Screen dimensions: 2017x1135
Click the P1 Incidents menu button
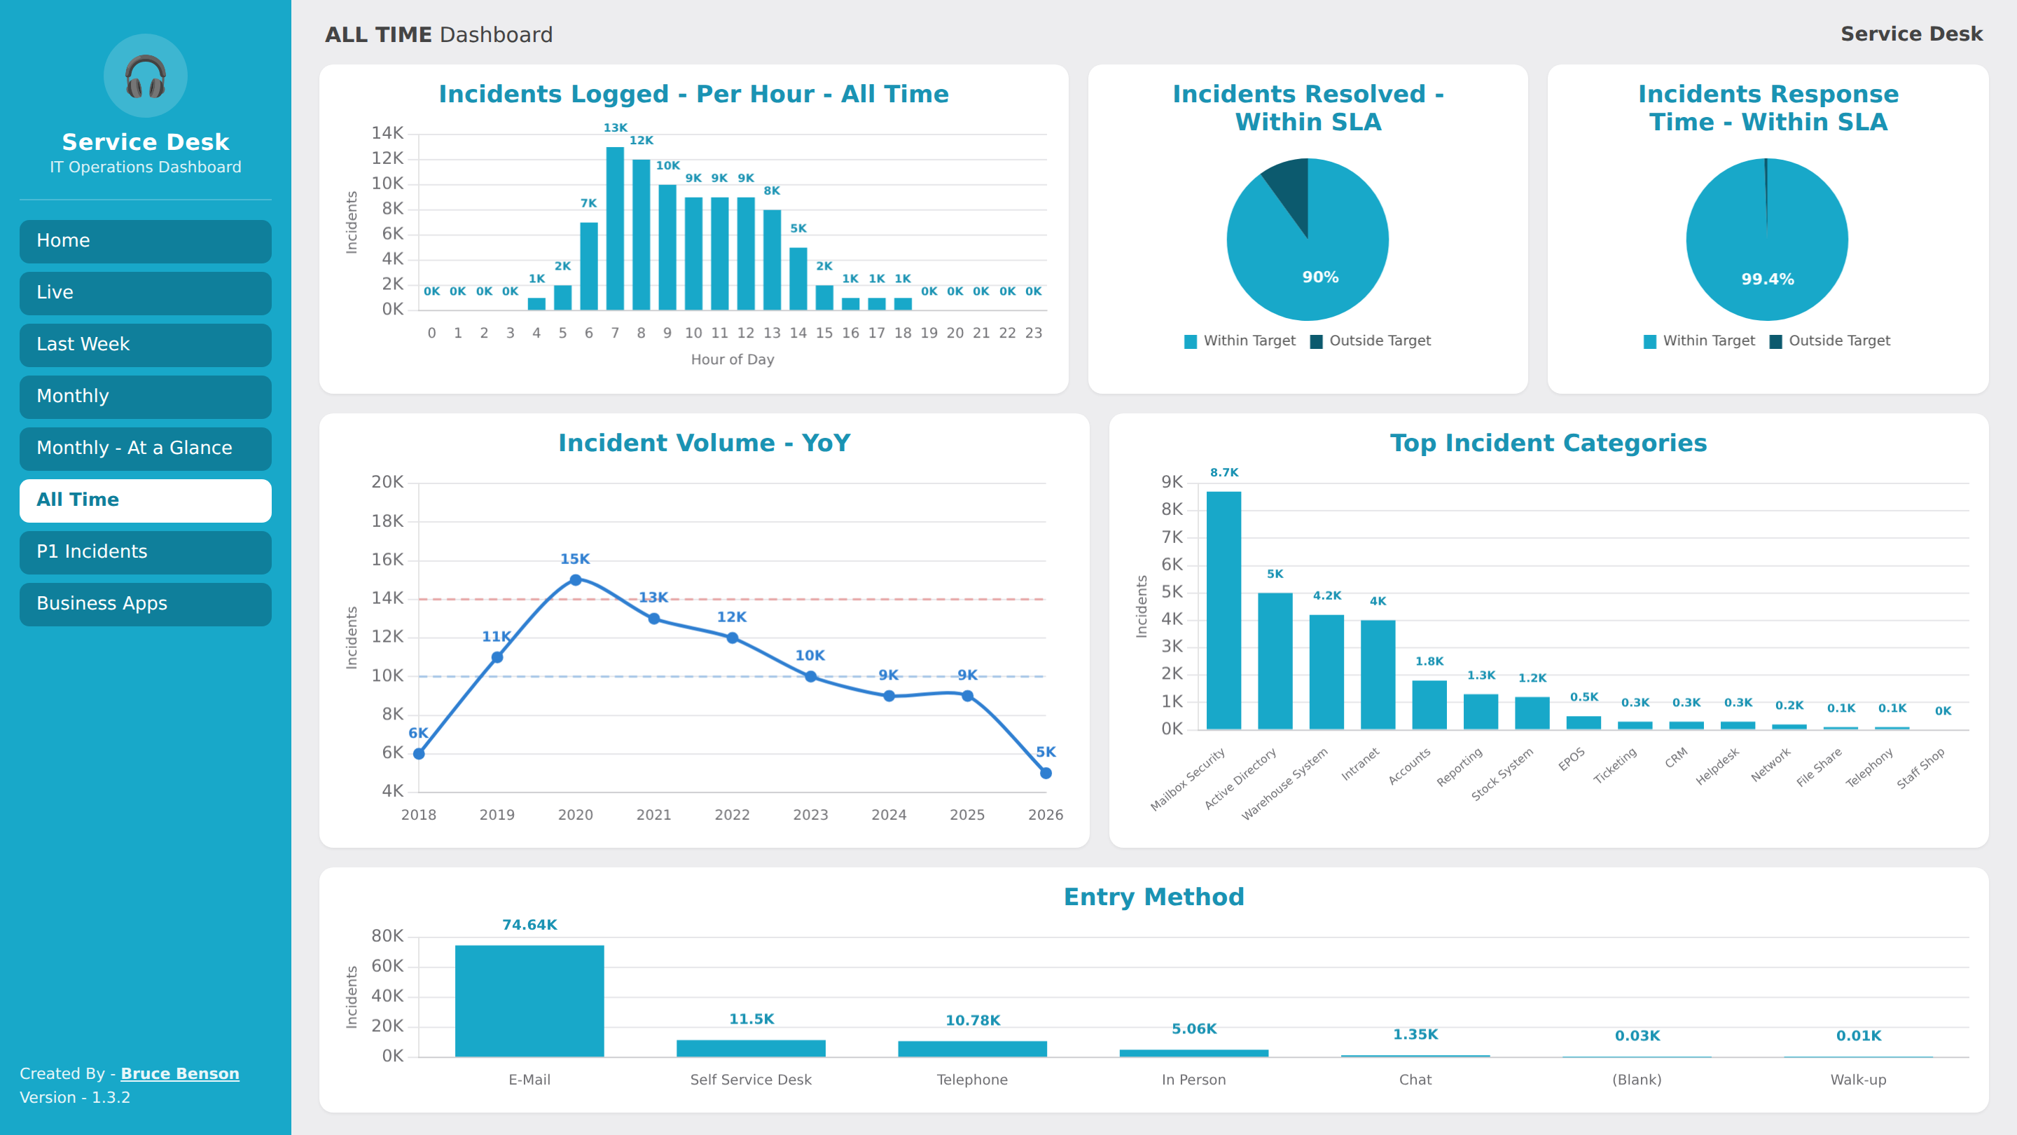[146, 552]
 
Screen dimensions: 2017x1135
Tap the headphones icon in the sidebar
[146, 76]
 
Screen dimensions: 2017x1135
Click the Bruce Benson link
[180, 1073]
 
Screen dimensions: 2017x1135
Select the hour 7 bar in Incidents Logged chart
[616, 228]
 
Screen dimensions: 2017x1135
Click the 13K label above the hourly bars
[616, 128]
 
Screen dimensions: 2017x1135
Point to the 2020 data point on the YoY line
[576, 579]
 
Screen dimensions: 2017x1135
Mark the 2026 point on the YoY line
[1046, 773]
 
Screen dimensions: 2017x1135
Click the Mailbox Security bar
[1224, 610]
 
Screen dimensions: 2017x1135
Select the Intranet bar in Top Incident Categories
[1378, 675]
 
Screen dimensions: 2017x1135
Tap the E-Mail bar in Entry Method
[529, 1001]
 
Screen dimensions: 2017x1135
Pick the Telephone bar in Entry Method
[973, 1049]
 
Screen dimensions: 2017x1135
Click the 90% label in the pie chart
[1320, 277]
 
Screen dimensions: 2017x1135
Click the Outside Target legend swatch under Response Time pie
[1776, 341]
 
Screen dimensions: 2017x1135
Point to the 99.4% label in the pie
[1767, 279]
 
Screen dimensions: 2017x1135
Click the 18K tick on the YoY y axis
[387, 521]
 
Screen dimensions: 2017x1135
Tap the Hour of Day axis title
[733, 359]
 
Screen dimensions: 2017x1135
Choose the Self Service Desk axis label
[751, 1080]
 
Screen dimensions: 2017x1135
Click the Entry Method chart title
[1154, 897]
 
